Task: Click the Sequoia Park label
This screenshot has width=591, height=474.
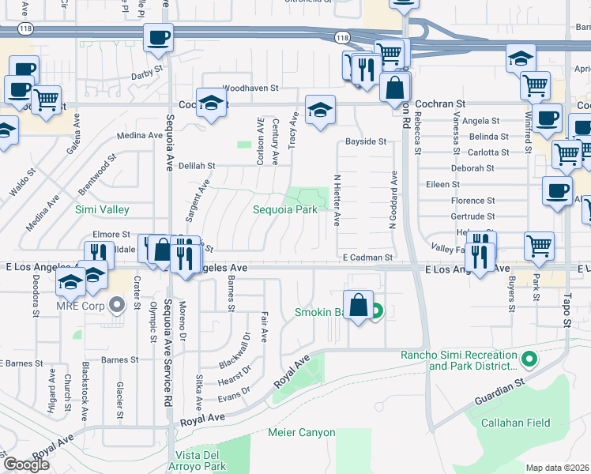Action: coord(285,209)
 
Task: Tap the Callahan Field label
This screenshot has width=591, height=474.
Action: coord(517,423)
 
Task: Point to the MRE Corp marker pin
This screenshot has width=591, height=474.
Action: coord(117,304)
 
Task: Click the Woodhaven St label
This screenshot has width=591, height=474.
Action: coord(250,88)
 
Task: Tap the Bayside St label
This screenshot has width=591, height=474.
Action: coord(365,142)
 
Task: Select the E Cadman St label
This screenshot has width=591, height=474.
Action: coord(367,258)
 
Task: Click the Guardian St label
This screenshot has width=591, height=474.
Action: coord(499,393)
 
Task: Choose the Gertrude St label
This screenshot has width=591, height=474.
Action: coord(472,216)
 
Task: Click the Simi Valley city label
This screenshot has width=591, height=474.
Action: coord(102,209)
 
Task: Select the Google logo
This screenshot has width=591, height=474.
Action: coord(26,465)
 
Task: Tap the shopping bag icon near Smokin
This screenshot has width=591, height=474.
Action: coord(358,306)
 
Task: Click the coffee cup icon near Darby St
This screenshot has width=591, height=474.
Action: coord(158,37)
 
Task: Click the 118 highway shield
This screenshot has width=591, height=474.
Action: coord(342,37)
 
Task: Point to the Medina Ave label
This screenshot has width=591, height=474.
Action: coord(139,136)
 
